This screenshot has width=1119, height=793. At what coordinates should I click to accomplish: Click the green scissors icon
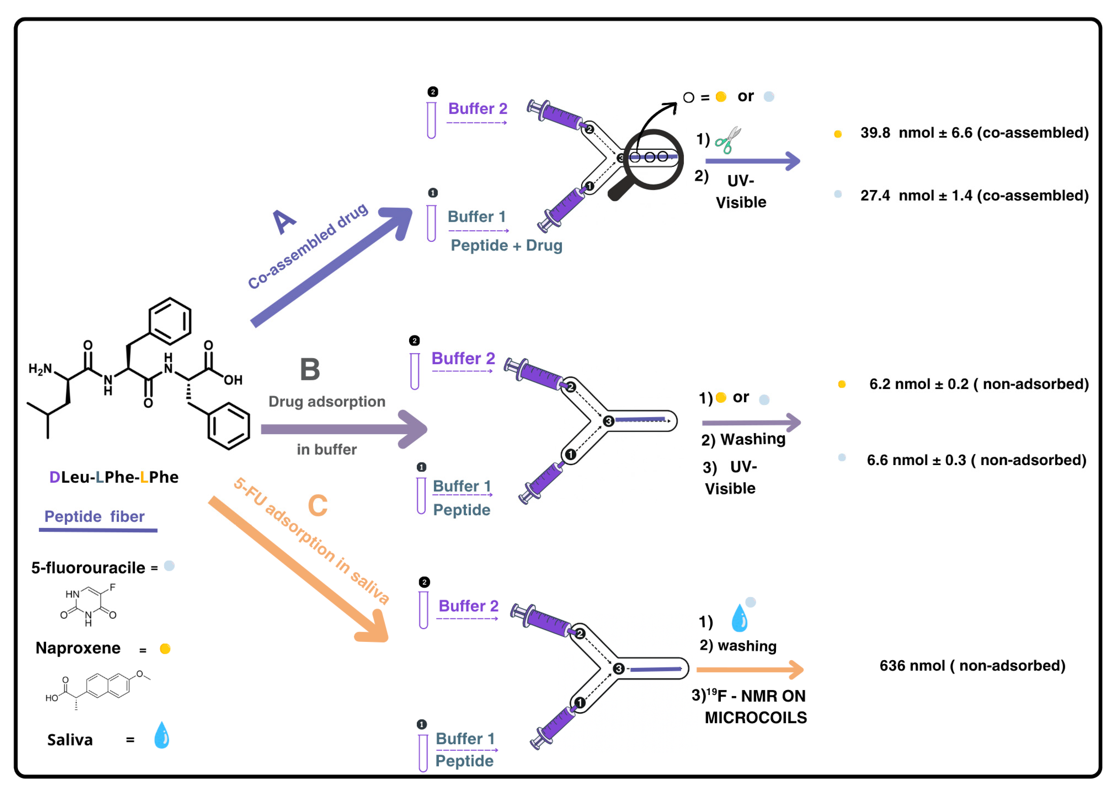[x=727, y=140]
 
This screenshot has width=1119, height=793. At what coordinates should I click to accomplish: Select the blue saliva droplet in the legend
[x=162, y=735]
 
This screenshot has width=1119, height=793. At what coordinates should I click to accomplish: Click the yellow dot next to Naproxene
[x=165, y=649]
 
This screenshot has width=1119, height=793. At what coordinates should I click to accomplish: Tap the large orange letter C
[x=318, y=505]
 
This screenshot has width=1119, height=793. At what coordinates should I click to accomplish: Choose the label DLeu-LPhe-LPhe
[x=114, y=477]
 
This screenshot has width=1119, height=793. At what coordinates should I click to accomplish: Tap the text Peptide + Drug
[x=506, y=245]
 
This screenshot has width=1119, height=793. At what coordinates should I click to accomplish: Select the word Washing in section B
[x=753, y=439]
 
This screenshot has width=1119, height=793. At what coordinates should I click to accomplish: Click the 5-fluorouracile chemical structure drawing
[x=88, y=605]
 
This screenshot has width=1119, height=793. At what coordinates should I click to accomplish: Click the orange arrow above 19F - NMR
[x=750, y=670]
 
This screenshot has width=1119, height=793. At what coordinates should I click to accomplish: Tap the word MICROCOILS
[x=756, y=718]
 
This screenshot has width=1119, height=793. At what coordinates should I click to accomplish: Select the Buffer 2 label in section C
[x=468, y=606]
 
